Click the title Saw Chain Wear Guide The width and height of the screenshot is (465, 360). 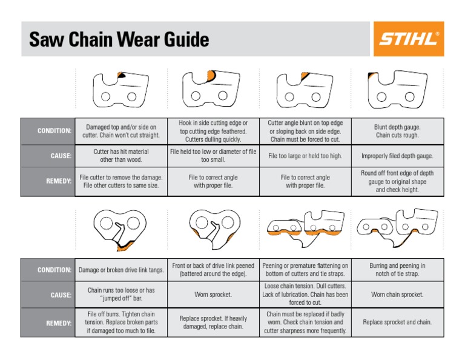tap(119, 40)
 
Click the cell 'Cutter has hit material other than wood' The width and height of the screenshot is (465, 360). tap(121, 156)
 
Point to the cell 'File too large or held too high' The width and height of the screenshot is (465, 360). tap(305, 156)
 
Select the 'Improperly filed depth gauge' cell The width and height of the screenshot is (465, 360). tap(397, 156)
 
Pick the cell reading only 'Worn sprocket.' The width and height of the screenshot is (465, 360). tap(213, 295)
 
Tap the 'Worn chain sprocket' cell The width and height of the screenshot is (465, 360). tap(397, 295)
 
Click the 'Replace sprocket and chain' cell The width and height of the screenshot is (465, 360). tap(397, 322)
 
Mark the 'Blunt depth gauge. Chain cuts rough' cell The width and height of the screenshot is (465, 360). tap(397, 131)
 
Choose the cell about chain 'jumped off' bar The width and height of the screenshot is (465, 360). tap(121, 295)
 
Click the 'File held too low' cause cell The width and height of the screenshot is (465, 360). tap(213, 156)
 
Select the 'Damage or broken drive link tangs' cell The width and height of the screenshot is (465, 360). tap(121, 270)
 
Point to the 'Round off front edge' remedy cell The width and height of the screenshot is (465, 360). tap(397, 181)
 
